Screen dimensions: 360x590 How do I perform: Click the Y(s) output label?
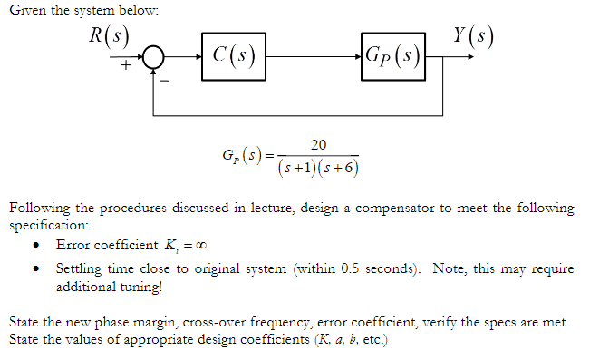(475, 34)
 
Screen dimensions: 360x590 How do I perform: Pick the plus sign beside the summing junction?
(125, 67)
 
